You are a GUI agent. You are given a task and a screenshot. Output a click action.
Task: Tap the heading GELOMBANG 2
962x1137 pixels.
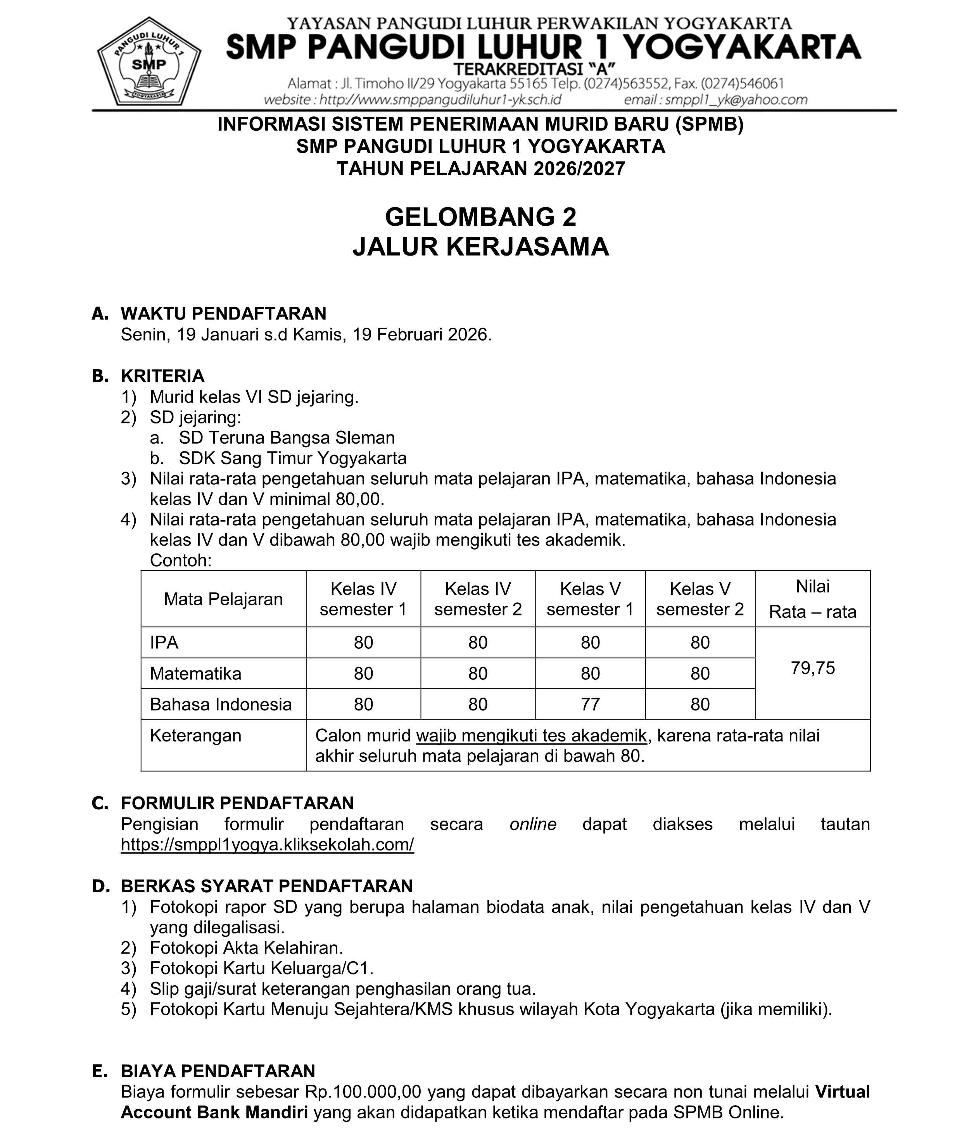click(x=480, y=217)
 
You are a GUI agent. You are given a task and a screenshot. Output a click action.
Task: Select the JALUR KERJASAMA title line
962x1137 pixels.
click(x=480, y=247)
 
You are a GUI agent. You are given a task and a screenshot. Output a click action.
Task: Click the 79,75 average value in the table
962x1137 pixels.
click(x=813, y=668)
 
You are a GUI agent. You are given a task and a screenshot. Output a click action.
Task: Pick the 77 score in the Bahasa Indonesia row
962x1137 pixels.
click(x=590, y=705)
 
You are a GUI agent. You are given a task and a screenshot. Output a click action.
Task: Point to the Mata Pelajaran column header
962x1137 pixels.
click(x=223, y=599)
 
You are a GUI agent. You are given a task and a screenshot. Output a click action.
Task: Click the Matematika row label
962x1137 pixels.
click(x=195, y=674)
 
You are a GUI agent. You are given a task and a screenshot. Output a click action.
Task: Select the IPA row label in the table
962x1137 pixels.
click(x=164, y=643)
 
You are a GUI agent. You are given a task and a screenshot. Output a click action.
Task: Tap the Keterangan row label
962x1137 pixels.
click(x=195, y=736)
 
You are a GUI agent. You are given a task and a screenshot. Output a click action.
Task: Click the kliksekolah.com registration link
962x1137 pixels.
click(x=267, y=845)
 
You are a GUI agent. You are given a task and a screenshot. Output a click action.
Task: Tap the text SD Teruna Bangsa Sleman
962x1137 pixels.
click(x=287, y=438)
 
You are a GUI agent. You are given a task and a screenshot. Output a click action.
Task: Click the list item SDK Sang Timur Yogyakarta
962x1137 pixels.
click(x=293, y=458)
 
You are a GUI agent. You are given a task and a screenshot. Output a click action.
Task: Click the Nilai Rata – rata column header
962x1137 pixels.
click(x=813, y=599)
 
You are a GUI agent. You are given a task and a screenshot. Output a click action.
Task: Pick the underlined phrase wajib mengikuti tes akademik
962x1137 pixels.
click(x=531, y=736)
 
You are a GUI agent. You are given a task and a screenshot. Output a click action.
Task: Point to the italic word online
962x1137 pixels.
click(x=533, y=824)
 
